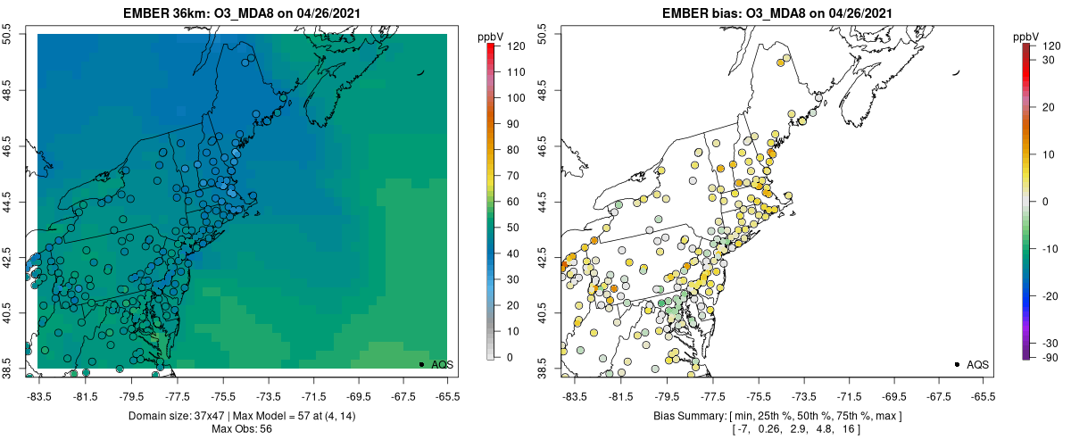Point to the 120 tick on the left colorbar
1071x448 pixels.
pyautogui.click(x=515, y=45)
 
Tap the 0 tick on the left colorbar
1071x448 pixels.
pyautogui.click(x=510, y=357)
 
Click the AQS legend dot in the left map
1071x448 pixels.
pyautogui.click(x=421, y=364)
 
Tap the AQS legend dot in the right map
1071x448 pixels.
pyautogui.click(x=957, y=364)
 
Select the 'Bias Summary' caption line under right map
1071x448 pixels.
pyautogui.click(x=776, y=416)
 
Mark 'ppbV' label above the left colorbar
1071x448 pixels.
pyautogui.click(x=491, y=36)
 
